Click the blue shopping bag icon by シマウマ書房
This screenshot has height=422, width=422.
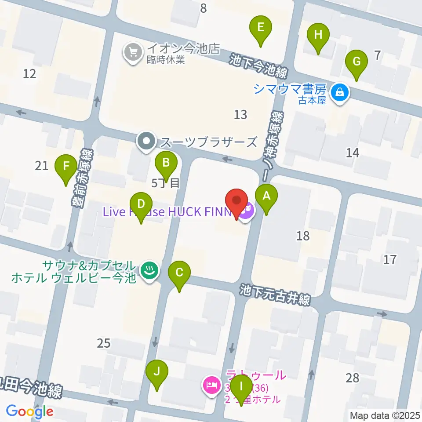tap(340, 93)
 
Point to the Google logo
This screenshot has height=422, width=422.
tap(30, 411)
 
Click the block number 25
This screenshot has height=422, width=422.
tap(103, 343)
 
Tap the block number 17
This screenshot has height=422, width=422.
tap(389, 259)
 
